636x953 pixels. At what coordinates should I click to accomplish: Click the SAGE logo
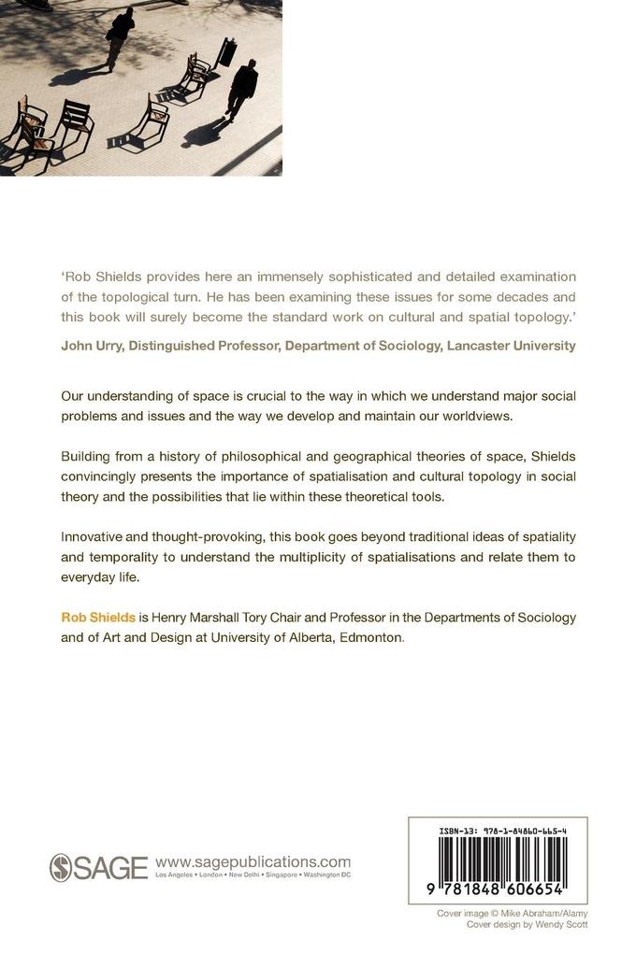click(98, 867)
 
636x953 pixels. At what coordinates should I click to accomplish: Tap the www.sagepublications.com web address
click(253, 861)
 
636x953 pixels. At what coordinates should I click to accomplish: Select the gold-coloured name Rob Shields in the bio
click(98, 617)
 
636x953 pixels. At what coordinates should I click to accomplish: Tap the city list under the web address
click(253, 875)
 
